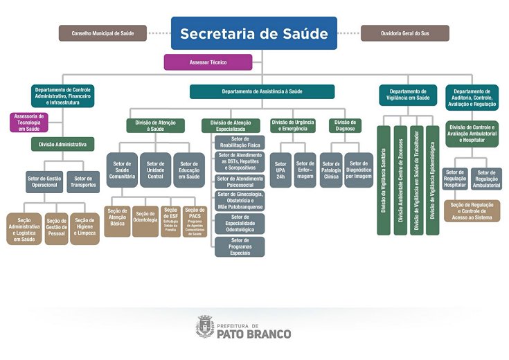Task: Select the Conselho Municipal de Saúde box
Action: pyautogui.click(x=103, y=33)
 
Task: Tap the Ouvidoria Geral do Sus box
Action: pyautogui.click(x=404, y=33)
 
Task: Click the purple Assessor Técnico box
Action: pyautogui.click(x=208, y=62)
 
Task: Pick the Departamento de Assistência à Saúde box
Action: pyautogui.click(x=262, y=91)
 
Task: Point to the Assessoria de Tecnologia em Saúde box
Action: pyautogui.click(x=28, y=123)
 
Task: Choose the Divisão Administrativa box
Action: pyautogui.click(x=62, y=145)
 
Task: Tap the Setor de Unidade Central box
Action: pyautogui.click(x=155, y=170)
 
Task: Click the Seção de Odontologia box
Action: pyautogui.click(x=145, y=221)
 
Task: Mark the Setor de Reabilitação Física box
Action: pyautogui.click(x=240, y=142)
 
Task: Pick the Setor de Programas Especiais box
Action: pyautogui.click(x=240, y=246)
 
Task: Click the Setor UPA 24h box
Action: pyautogui.click(x=280, y=170)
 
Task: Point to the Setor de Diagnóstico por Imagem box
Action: pyautogui.click(x=359, y=170)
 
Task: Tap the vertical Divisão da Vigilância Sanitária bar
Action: pyautogui.click(x=384, y=180)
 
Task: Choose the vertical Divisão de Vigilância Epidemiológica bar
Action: pyautogui.click(x=432, y=180)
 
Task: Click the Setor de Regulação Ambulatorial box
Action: pyautogui.click(x=487, y=177)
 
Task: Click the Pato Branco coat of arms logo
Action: pyautogui.click(x=205, y=326)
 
